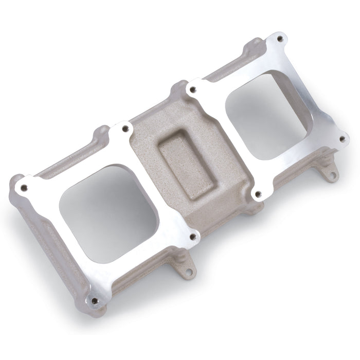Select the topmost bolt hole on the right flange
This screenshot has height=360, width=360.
(280, 39)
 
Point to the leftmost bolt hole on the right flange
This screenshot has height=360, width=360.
(193, 89)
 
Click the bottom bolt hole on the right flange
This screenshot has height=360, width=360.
(258, 194)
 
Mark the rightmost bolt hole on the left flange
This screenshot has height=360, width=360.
(193, 237)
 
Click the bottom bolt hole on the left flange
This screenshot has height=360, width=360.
(94, 301)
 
